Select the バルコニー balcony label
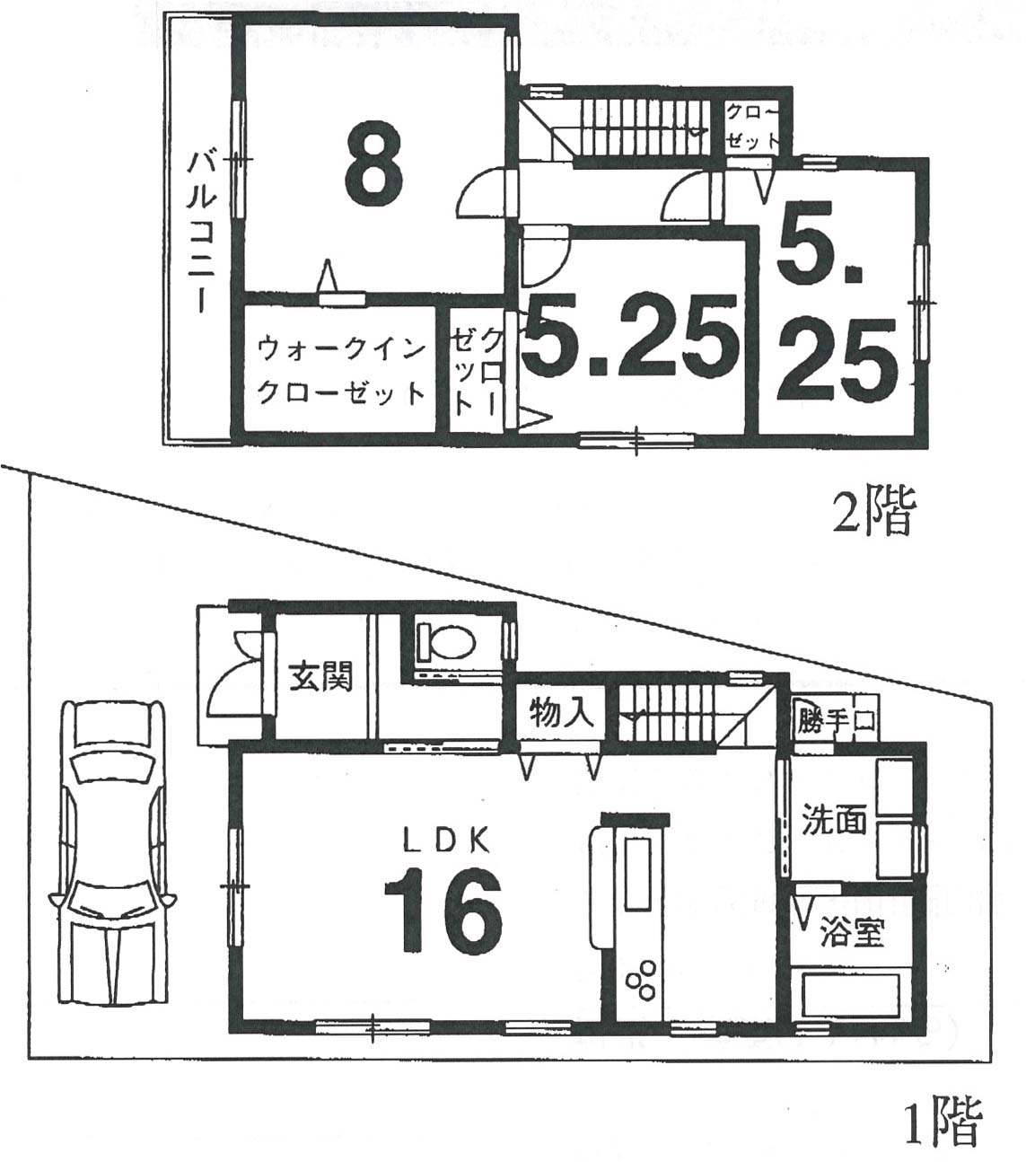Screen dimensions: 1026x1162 [203, 232]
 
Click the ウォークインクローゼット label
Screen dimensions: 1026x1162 [342, 371]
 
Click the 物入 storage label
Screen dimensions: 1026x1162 [560, 713]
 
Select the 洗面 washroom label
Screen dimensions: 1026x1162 [833, 820]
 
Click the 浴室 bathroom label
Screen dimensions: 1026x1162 [852, 933]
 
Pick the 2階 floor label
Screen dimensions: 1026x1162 [874, 510]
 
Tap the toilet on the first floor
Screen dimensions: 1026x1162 [445, 642]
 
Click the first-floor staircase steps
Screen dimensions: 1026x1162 [665, 713]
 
